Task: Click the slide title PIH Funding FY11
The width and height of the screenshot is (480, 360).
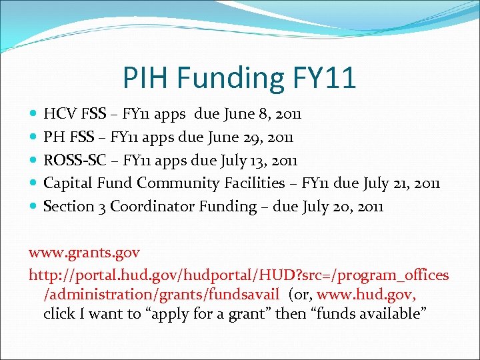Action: [239, 78]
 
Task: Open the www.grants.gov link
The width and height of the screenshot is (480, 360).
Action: [84, 253]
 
